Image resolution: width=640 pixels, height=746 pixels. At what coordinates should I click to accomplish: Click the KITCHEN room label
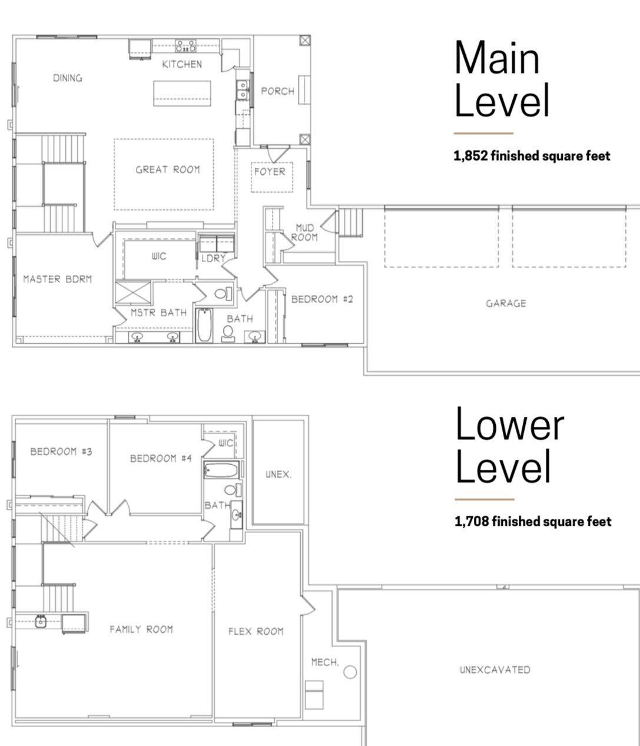click(x=182, y=64)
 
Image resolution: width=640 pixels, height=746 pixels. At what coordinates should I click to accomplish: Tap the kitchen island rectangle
click(x=182, y=94)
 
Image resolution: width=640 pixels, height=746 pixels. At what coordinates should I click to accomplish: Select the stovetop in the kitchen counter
click(x=186, y=46)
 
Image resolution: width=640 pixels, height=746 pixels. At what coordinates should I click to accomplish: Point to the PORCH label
click(x=277, y=91)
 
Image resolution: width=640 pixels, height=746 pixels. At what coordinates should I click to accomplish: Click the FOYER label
click(x=270, y=171)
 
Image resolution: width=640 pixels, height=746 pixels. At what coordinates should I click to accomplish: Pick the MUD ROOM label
click(x=304, y=233)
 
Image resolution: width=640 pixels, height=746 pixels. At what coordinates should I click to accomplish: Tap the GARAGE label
click(x=506, y=303)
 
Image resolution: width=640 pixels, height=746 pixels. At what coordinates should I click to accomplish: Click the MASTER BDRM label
click(x=57, y=279)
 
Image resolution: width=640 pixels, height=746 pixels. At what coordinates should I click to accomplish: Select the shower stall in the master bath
click(x=133, y=293)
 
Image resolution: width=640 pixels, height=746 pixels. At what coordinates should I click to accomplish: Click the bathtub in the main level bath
click(x=204, y=325)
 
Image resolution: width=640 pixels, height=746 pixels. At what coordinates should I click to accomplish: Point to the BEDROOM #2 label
click(x=322, y=299)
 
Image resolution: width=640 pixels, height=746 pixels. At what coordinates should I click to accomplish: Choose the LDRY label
click(x=213, y=258)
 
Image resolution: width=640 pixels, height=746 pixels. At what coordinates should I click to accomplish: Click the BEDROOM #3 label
click(x=61, y=452)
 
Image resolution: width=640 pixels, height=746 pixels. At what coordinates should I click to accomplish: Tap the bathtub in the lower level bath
click(x=221, y=470)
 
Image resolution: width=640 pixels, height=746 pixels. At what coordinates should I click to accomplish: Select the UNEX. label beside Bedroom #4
click(x=278, y=475)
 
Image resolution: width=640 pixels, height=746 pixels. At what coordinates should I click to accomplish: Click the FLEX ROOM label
click(x=256, y=631)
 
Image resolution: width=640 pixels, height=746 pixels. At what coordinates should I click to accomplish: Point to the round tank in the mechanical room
click(x=350, y=672)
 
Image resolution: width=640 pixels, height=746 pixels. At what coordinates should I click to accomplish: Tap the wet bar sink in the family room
click(x=41, y=622)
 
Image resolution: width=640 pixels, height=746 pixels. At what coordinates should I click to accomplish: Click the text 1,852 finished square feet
click(x=532, y=156)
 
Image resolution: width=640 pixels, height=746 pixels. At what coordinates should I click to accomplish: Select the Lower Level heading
click(x=509, y=445)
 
